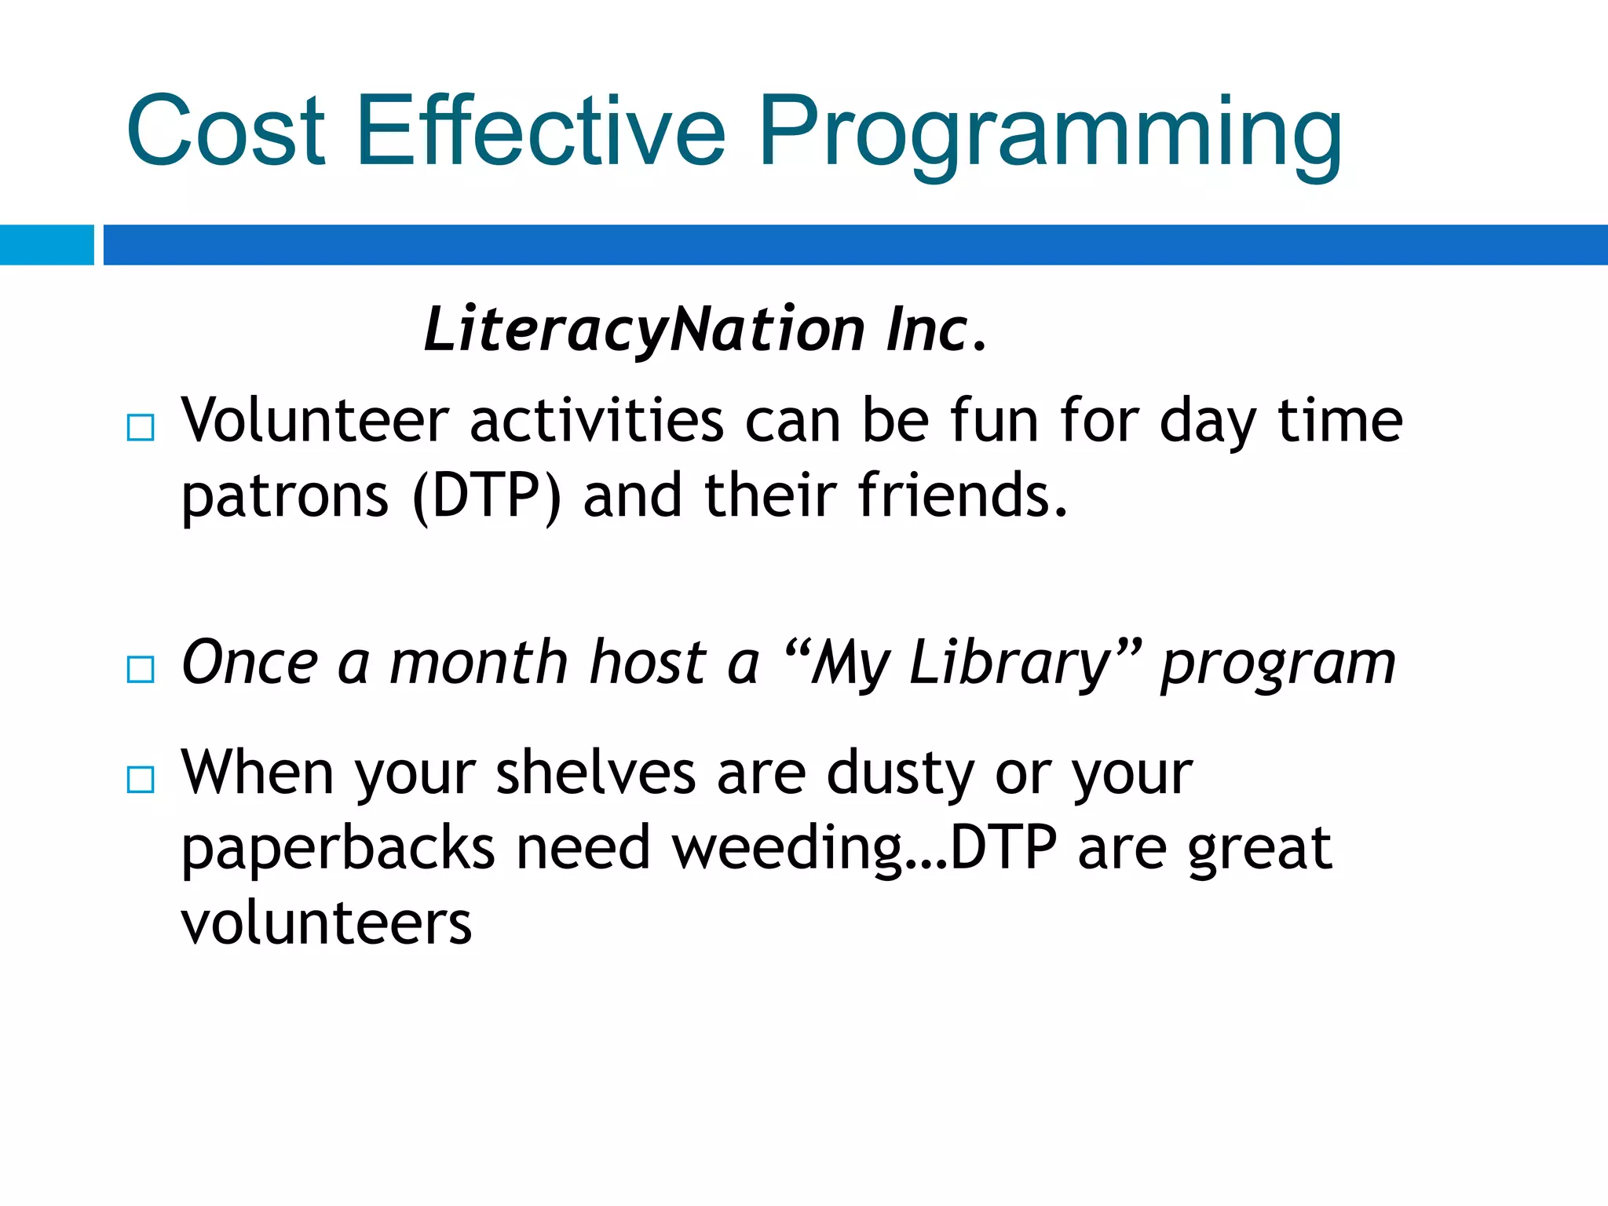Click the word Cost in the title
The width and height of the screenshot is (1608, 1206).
click(x=225, y=131)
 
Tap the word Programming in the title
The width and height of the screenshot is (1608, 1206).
click(x=1049, y=133)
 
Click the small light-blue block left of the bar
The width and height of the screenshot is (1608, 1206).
click(x=46, y=245)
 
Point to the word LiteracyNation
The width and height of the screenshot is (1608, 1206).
click(x=644, y=330)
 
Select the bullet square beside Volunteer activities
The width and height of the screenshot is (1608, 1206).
click(x=141, y=428)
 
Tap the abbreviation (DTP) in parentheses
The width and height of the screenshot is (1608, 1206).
click(x=487, y=496)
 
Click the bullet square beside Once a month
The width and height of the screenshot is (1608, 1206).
click(x=141, y=670)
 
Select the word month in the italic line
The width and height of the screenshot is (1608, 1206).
click(x=479, y=663)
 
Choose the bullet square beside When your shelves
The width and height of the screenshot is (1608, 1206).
click(x=141, y=780)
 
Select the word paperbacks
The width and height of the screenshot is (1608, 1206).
click(x=338, y=850)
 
